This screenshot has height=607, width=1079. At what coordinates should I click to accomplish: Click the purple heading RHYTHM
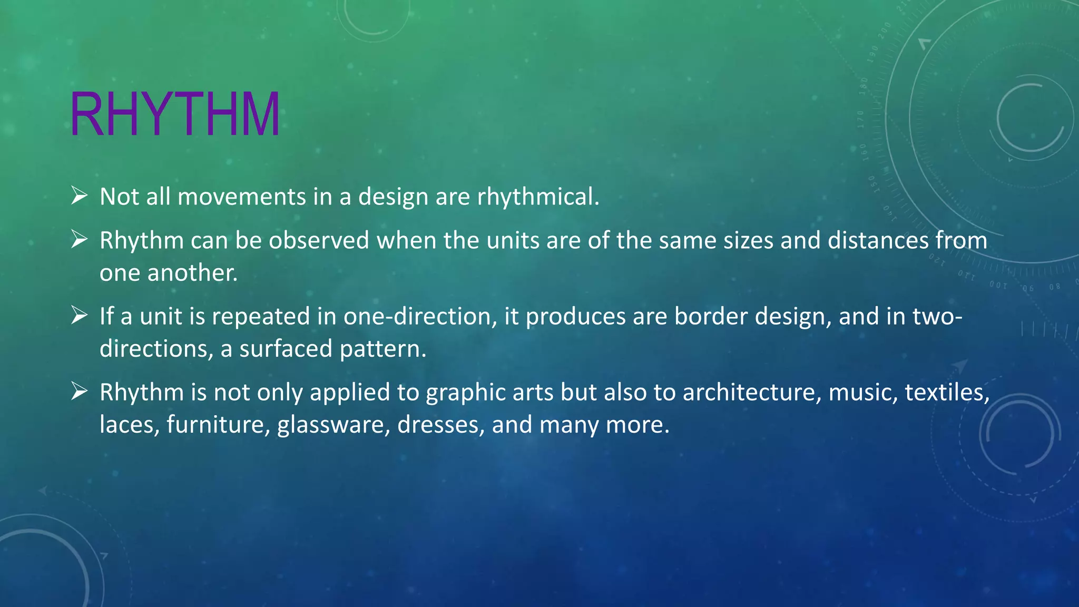tap(174, 115)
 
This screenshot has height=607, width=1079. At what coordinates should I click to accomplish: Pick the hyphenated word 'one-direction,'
tap(420, 317)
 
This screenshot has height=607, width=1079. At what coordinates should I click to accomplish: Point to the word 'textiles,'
tap(947, 393)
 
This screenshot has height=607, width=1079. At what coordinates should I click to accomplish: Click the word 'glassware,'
tap(333, 425)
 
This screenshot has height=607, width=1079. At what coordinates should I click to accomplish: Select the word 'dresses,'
tap(440, 425)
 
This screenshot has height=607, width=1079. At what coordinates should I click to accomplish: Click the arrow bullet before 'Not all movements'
tap(79, 196)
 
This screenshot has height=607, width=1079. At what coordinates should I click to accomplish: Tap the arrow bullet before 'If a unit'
tap(79, 316)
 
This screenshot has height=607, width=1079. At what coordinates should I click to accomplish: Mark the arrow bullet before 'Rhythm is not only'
tap(79, 391)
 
